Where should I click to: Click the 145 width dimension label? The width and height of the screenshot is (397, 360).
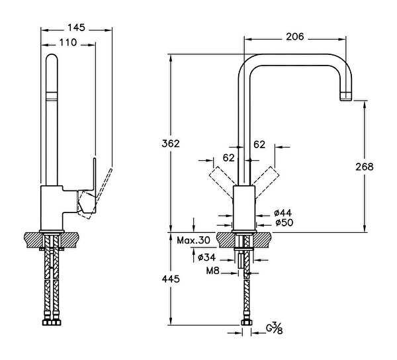point(76,28)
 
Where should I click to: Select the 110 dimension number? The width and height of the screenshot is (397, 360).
point(68,42)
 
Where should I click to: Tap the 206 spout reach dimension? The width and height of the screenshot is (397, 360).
point(295,36)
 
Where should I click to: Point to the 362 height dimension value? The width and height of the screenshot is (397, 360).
point(170,144)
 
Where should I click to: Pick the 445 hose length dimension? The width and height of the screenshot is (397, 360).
point(170,279)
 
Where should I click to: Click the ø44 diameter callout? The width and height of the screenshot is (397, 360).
point(283,212)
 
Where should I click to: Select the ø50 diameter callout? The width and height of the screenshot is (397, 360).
point(283,222)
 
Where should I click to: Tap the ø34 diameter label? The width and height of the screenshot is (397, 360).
point(208,257)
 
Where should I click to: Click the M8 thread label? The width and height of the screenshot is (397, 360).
point(211,270)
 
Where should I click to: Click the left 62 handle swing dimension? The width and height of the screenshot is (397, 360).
point(228,157)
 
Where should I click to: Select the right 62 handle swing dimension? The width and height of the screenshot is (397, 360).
point(259,144)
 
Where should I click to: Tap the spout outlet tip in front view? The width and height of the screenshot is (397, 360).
point(345,96)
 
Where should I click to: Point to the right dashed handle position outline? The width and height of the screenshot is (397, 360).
point(268,178)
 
